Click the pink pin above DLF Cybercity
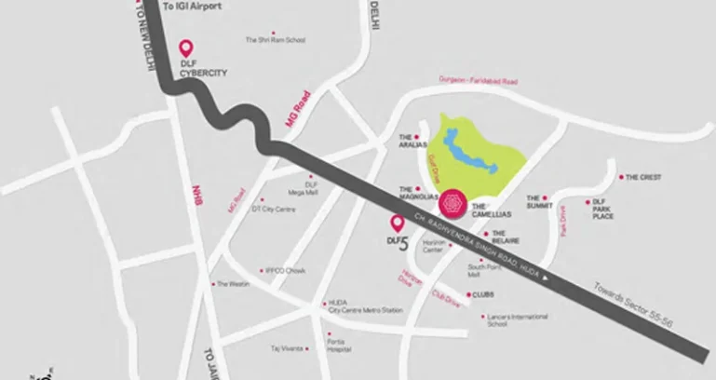185,47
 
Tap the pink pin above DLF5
398,224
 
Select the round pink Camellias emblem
453,200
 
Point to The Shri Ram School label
275,40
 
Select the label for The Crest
642,177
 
